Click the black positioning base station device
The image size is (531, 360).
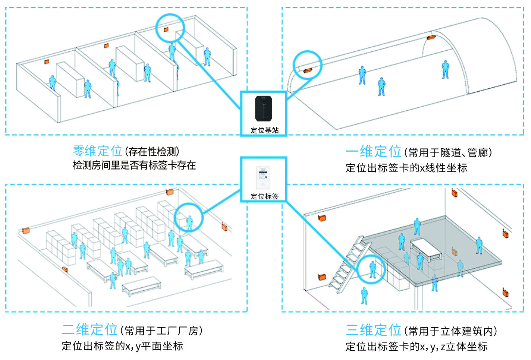(x=264, y=108)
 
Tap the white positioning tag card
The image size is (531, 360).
(x=263, y=178)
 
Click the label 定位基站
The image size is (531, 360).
(x=264, y=130)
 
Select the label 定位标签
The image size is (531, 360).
(x=264, y=196)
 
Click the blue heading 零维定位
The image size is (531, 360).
(x=97, y=151)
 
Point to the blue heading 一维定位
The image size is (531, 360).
(x=373, y=152)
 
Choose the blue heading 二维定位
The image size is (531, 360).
(x=89, y=330)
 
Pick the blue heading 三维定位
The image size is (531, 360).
(x=373, y=330)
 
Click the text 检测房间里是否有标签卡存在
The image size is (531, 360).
(x=134, y=165)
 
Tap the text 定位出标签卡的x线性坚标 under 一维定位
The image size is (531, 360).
(x=406, y=168)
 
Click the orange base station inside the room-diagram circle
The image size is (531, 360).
(x=166, y=29)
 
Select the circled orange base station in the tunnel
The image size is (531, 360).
(x=308, y=70)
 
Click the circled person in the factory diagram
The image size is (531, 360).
(x=189, y=223)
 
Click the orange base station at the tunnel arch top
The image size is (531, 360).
(x=431, y=37)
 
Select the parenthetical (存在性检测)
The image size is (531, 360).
(x=152, y=152)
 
